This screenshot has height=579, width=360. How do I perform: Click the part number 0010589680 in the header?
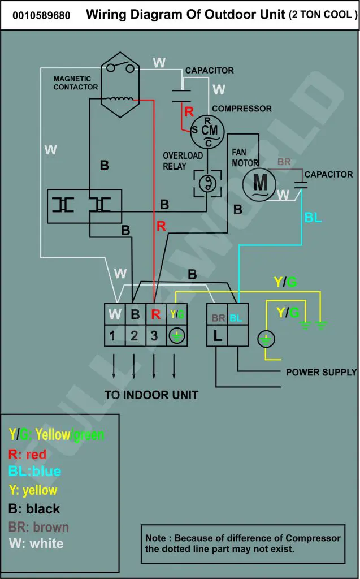point(41,15)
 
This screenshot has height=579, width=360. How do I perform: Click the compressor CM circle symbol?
point(207,132)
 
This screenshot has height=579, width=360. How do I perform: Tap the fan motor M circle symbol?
point(259,184)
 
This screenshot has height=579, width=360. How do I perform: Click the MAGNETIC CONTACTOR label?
point(76,83)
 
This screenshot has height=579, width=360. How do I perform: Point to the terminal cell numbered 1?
point(115,336)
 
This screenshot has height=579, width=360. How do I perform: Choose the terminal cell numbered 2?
point(136,336)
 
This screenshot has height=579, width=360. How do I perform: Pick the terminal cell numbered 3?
point(156,336)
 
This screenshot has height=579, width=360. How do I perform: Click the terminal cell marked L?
point(217,336)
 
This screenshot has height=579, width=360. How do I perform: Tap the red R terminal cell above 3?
point(156,314)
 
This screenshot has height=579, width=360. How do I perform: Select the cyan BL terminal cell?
point(238,314)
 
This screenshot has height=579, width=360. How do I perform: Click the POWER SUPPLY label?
point(321,372)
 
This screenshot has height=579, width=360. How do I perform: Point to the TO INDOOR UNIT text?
point(151,395)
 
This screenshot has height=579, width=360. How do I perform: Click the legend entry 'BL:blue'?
point(34,471)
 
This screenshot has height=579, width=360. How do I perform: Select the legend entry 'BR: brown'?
point(38,527)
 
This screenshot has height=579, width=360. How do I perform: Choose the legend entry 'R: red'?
point(27,454)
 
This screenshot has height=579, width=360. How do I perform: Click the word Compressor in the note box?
point(313,538)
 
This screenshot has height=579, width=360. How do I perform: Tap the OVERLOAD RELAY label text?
point(183,161)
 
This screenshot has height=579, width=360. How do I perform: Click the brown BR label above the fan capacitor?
point(284,162)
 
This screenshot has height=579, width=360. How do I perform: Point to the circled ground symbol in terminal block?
point(177,336)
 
